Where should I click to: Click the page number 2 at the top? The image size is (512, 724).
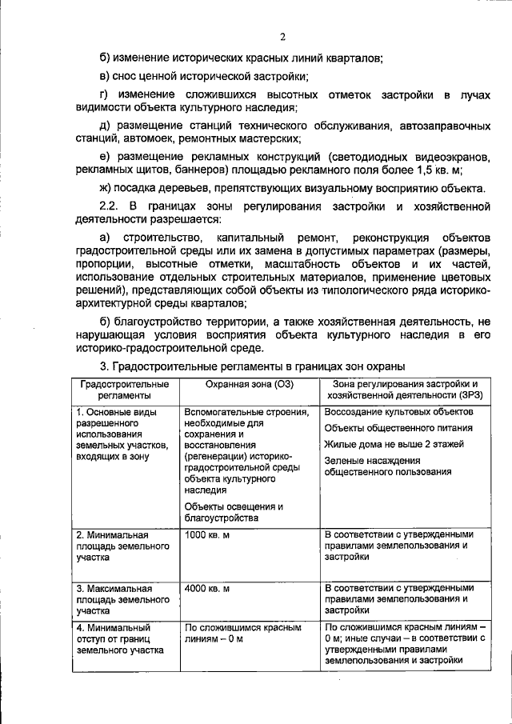coord(282,35)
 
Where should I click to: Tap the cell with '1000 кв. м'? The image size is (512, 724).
coord(207,534)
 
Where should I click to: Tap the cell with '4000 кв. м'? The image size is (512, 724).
coord(207,588)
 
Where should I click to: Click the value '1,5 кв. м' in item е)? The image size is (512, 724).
coord(438,170)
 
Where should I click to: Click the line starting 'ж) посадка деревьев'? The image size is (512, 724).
coord(293,189)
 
